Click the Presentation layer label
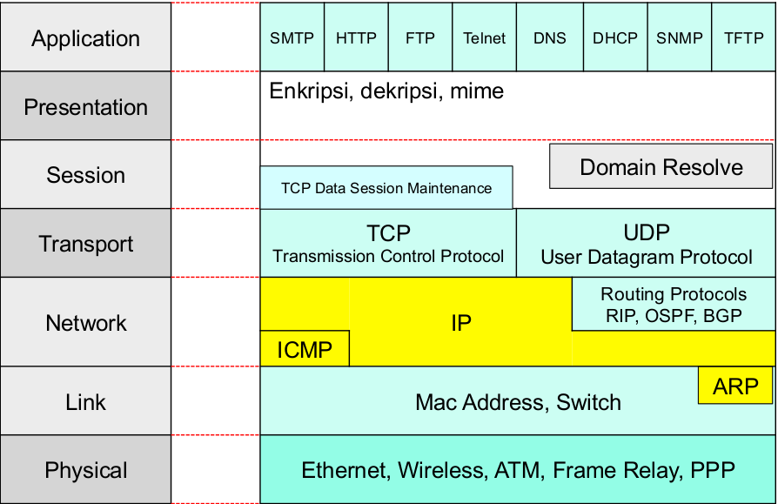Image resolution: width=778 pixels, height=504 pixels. [85, 106]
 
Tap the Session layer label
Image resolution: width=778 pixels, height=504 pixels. [85, 175]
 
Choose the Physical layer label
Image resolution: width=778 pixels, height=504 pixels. [85, 471]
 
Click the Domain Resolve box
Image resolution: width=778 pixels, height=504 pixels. [661, 167]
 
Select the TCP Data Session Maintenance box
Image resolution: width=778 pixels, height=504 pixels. [386, 188]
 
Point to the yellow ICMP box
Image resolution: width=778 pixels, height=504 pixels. [305, 349]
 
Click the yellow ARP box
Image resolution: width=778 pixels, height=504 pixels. [735, 386]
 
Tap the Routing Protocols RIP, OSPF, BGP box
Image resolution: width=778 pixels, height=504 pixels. [674, 305]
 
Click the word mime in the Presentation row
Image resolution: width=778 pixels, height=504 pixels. [477, 91]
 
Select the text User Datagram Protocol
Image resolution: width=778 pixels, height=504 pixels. [647, 258]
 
